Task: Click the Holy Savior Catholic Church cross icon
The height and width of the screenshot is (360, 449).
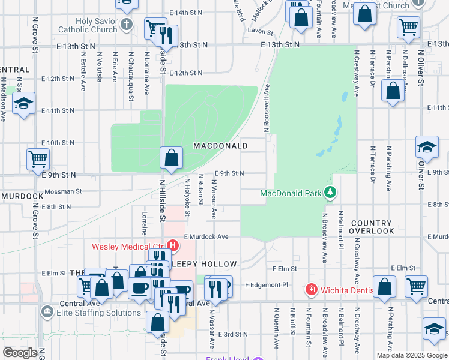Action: point(126,25)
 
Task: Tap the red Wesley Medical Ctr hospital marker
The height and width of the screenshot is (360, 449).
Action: point(173,245)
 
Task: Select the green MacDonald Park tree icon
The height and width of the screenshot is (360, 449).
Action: point(329,193)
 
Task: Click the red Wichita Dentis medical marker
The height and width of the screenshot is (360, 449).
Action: point(312,290)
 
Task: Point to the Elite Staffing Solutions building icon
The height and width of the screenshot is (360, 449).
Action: point(47,312)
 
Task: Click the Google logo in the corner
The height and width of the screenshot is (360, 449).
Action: point(20,353)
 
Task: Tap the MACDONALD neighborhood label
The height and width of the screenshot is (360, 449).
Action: point(220,146)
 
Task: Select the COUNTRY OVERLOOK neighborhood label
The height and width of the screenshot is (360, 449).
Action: point(372,227)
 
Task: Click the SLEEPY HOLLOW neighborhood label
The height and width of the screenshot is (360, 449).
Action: point(205,264)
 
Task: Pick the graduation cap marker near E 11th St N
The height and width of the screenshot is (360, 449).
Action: point(24,103)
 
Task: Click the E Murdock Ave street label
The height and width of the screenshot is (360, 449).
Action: point(206,237)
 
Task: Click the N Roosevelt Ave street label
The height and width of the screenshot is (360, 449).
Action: point(265,108)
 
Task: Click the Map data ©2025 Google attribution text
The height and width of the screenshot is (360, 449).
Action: point(411,355)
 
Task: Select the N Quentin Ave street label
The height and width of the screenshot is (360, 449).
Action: point(277,329)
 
